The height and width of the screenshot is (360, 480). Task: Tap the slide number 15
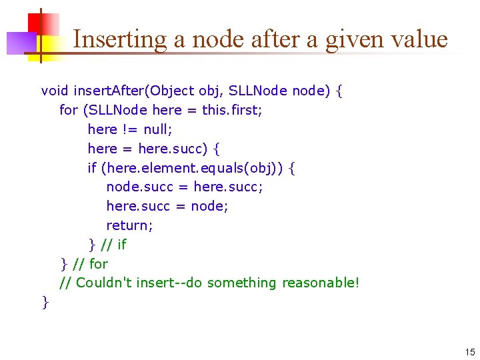[x=470, y=352]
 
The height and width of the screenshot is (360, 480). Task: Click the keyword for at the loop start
[x=68, y=110]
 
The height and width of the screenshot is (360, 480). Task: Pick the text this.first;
[x=233, y=110]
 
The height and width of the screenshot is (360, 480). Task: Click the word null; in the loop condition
[x=158, y=129]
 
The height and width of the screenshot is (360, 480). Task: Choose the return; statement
[x=129, y=225]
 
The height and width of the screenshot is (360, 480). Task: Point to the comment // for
[x=89, y=264]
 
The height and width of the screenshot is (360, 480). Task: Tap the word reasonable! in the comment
[x=321, y=283]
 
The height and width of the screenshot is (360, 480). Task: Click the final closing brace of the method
[x=45, y=302]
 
